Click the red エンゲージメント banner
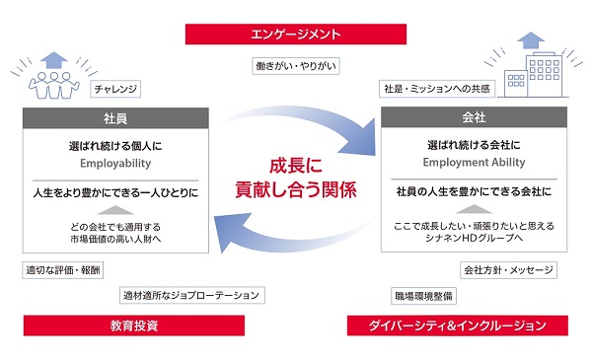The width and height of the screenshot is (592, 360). pyautogui.click(x=296, y=35)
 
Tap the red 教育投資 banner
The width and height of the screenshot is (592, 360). pyautogui.click(x=134, y=325)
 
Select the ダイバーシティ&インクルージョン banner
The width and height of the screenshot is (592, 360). pyautogui.click(x=457, y=325)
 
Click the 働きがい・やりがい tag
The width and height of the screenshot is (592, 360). pyautogui.click(x=296, y=66)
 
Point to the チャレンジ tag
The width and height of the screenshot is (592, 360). pyautogui.click(x=115, y=89)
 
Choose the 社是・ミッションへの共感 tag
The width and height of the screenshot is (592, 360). pyautogui.click(x=437, y=89)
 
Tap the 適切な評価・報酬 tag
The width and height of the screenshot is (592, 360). pyautogui.click(x=63, y=270)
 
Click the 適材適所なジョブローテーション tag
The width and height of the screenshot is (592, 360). pyautogui.click(x=191, y=295)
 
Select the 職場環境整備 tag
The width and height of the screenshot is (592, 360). pyautogui.click(x=423, y=296)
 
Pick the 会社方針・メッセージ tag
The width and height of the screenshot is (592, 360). pyautogui.click(x=508, y=270)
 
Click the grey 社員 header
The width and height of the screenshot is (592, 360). pyautogui.click(x=115, y=118)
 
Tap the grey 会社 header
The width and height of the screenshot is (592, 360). pyautogui.click(x=474, y=117)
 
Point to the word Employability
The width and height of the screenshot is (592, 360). pyautogui.click(x=115, y=164)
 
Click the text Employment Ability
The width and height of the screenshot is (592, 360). pyautogui.click(x=474, y=163)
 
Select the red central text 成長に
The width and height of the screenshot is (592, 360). pyautogui.click(x=296, y=166)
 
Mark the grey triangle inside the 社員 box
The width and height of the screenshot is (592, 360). pyautogui.click(x=115, y=210)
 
